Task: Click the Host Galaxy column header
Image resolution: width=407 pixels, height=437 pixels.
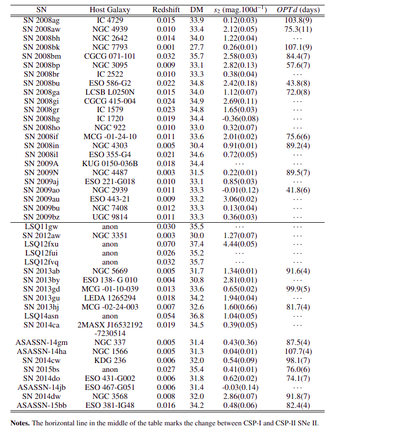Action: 110,10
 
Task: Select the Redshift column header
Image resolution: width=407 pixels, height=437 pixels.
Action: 166,10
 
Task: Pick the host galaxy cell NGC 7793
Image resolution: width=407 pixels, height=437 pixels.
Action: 110,47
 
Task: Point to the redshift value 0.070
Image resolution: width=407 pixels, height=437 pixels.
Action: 166,244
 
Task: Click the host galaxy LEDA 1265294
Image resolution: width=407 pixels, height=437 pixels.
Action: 110,298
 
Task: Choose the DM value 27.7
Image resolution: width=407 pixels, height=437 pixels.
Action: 197,47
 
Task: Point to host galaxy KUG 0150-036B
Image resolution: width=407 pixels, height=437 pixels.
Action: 110,163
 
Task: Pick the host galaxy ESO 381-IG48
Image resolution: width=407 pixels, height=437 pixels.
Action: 110,406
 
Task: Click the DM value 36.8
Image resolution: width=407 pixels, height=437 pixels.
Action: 197,316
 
